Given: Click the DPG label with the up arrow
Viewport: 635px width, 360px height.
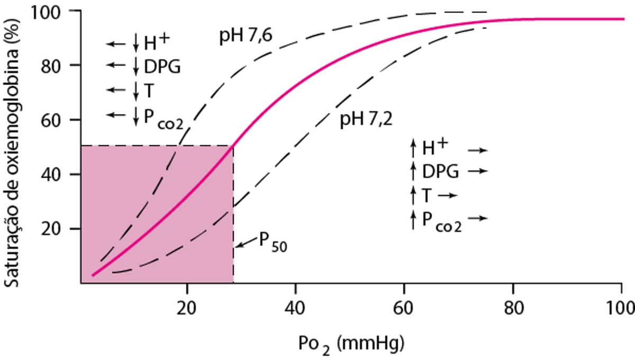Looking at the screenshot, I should pyautogui.click(x=440, y=171).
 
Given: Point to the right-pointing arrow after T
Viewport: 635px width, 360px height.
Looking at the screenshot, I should pyautogui.click(x=447, y=195).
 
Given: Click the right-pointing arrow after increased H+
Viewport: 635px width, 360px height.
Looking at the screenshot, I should pyautogui.click(x=478, y=150).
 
